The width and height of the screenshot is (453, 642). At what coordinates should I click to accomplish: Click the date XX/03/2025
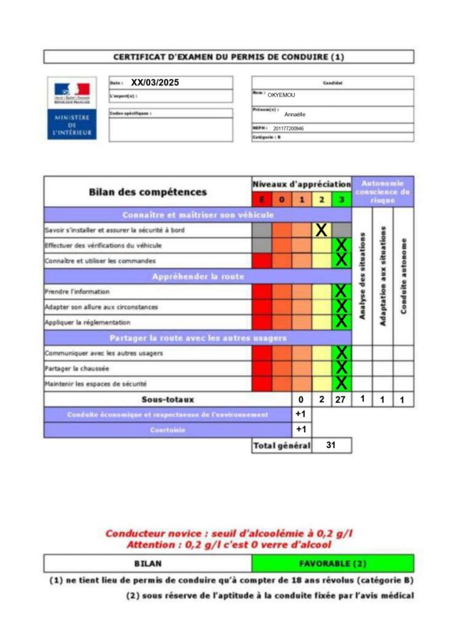click(155, 83)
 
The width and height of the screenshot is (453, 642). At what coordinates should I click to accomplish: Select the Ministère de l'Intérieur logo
click(72, 108)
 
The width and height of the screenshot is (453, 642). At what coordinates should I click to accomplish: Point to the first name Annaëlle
click(294, 114)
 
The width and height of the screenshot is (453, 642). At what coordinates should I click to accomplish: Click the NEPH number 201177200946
click(288, 128)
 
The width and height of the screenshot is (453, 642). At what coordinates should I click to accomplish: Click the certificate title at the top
click(229, 56)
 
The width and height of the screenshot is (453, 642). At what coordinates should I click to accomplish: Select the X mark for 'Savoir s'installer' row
click(321, 230)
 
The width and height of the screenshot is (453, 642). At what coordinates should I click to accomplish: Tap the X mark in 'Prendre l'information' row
click(341, 291)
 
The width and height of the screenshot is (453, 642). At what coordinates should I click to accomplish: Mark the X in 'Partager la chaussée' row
click(341, 368)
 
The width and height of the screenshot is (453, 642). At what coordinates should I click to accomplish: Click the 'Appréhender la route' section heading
click(198, 276)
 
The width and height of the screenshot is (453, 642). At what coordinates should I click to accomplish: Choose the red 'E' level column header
click(261, 199)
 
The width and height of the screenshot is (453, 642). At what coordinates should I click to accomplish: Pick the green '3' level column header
click(341, 199)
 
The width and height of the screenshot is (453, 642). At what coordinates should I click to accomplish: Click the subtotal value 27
click(340, 399)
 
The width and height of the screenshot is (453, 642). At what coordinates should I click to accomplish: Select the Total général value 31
click(331, 445)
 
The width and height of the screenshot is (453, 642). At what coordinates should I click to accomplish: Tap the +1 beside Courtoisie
click(301, 429)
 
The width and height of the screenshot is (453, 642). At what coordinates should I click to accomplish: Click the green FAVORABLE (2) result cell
click(333, 563)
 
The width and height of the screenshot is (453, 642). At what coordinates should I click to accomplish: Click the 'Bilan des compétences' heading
click(148, 192)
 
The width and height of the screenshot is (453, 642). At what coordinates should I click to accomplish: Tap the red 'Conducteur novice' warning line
click(229, 533)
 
